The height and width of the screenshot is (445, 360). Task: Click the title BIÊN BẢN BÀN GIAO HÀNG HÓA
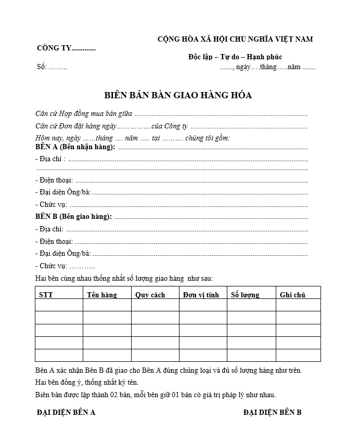coord(178,95)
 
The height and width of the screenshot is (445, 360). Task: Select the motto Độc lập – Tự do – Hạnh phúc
coord(235,57)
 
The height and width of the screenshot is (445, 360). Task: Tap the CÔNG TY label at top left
coord(66,48)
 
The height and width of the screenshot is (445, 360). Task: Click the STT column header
coord(46,295)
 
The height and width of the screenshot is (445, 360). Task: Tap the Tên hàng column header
coord(102,295)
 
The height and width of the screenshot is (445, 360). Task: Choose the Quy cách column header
coord(150,295)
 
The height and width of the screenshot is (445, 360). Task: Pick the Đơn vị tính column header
coord(201,295)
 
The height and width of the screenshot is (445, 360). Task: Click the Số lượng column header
coord(245,295)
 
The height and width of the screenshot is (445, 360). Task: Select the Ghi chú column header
coord(292,295)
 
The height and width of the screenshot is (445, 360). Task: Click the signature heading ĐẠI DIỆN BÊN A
coord(66,413)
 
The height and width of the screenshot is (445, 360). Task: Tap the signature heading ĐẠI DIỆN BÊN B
coord(273,413)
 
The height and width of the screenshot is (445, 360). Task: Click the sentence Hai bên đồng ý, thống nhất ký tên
coord(87,382)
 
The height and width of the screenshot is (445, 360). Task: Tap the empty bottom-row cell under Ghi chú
coord(298,355)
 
